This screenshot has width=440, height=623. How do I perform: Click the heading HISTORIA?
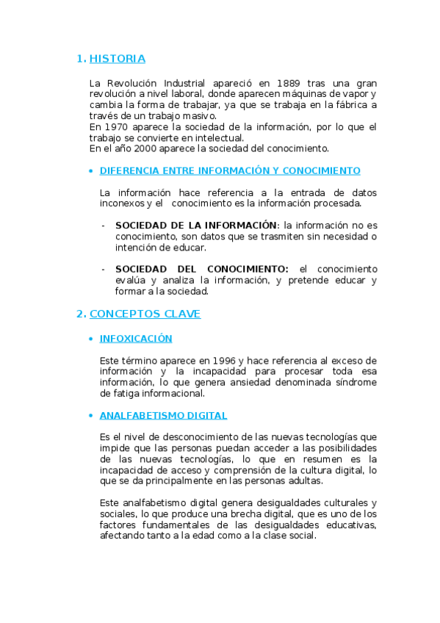tap(123, 59)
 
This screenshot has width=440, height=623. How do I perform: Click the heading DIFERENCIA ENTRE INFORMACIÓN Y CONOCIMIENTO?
tap(230, 170)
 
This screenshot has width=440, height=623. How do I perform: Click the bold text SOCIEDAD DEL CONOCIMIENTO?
tap(202, 269)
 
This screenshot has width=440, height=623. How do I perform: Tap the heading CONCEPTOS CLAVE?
tap(145, 314)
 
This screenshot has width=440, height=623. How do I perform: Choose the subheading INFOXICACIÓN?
tap(136, 339)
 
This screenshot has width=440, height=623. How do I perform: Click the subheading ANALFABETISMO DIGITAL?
tap(163, 415)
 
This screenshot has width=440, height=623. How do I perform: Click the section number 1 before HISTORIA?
tap(80, 59)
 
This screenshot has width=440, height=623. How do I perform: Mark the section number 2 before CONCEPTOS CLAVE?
tap(80, 314)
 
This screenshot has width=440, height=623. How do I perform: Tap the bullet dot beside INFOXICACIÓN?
tap(90, 339)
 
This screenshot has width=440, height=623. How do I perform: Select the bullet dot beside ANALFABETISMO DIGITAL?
tap(90, 416)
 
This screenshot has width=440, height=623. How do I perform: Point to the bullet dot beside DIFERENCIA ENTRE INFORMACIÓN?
tap(90, 171)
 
